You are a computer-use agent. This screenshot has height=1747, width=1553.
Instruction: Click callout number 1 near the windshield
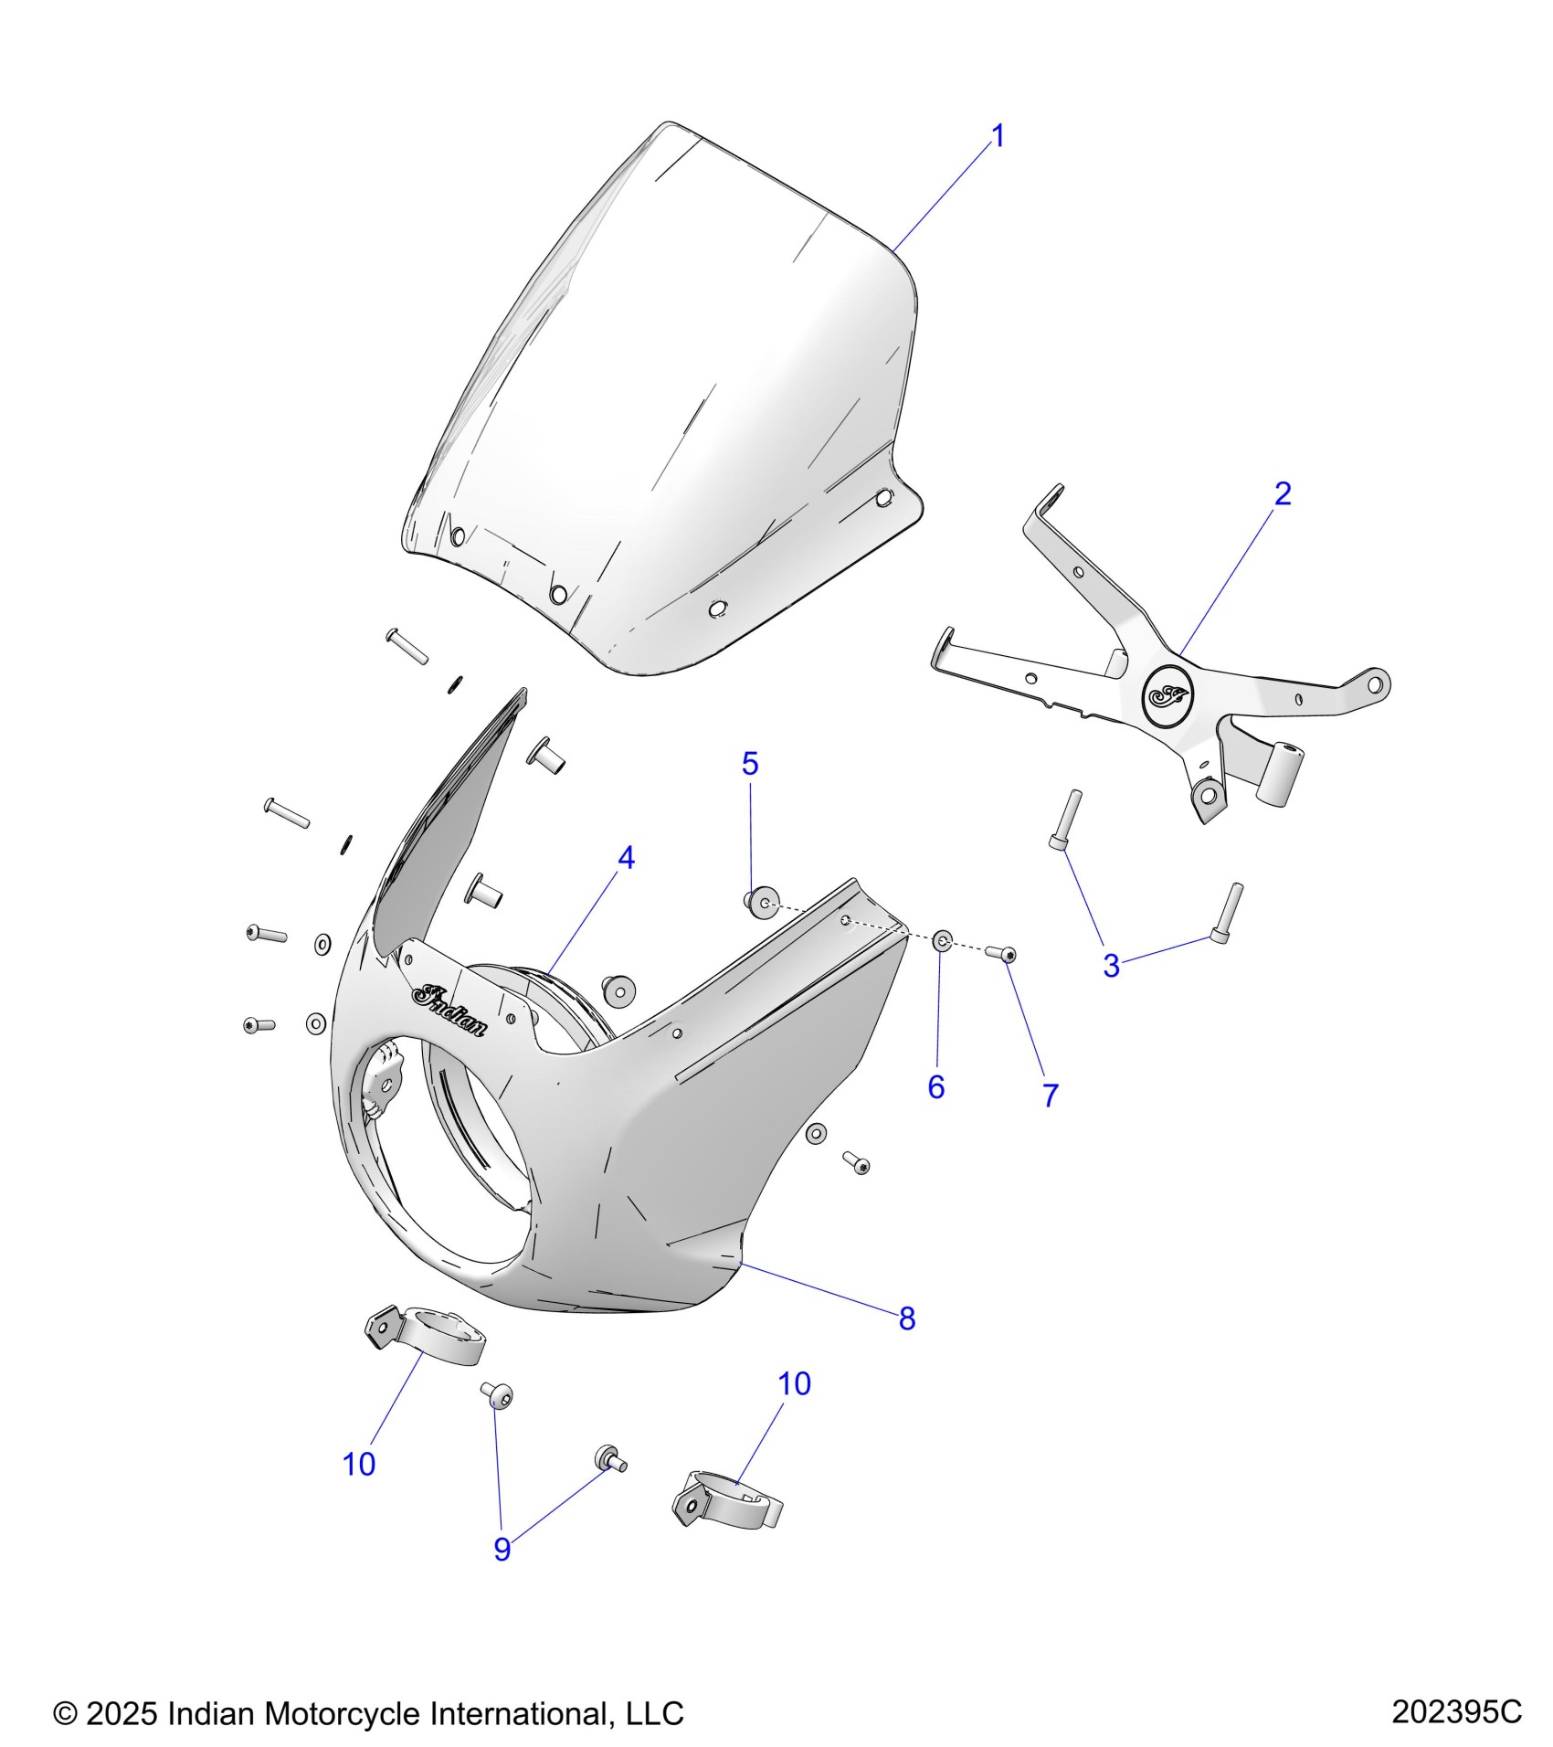tap(998, 136)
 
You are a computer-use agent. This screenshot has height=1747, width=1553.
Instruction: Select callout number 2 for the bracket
tap(1282, 493)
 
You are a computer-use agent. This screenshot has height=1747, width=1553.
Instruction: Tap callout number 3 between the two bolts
tap(1111, 966)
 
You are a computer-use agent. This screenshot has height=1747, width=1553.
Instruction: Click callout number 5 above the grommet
tap(750, 763)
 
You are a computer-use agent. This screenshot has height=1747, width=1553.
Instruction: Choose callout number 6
tap(935, 1086)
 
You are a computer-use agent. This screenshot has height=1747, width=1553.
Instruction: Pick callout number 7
tap(1051, 1096)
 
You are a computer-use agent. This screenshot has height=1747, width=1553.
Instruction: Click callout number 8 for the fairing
tap(906, 1318)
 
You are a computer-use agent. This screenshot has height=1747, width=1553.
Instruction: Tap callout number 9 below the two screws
tap(502, 1549)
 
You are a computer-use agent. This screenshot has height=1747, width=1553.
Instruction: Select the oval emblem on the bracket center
tap(1168, 696)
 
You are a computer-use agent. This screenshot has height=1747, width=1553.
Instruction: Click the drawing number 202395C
tap(1456, 1711)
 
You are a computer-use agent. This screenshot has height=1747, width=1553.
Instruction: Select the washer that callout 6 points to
tap(943, 940)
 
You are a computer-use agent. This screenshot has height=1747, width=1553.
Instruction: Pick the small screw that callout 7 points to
tap(1002, 954)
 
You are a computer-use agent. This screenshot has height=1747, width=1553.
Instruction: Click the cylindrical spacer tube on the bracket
tap(1279, 773)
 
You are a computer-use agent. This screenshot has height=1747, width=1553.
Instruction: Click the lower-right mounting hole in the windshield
tap(883, 499)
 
